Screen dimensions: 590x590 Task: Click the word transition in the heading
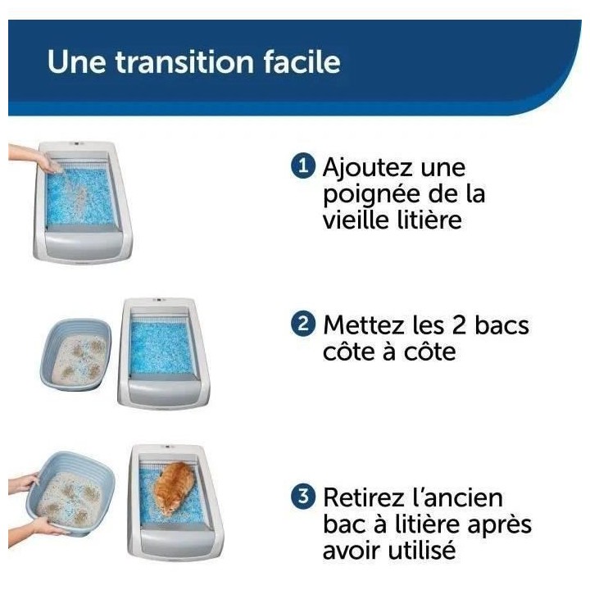pos(175,63)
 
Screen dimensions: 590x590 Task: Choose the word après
pos(497,525)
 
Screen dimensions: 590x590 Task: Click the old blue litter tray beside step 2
pos(75,355)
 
